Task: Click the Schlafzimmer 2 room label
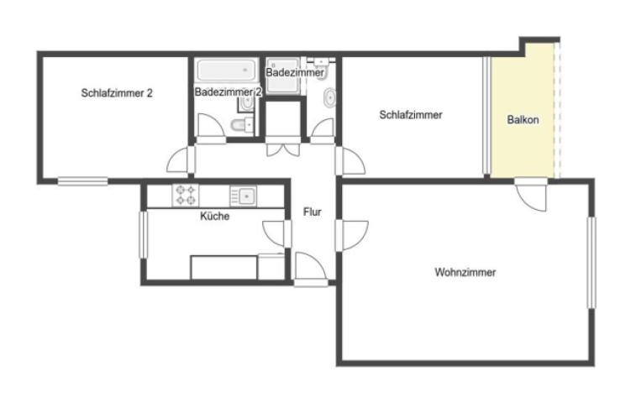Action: pyautogui.click(x=117, y=93)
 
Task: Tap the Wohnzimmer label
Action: pyautogui.click(x=465, y=272)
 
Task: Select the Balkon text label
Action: pyautogui.click(x=523, y=119)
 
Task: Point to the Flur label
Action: pyautogui.click(x=313, y=212)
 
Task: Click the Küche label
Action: pyautogui.click(x=215, y=216)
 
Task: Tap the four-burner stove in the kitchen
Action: pyautogui.click(x=186, y=195)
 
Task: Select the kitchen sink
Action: pyautogui.click(x=243, y=196)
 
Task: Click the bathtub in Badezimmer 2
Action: pyautogui.click(x=227, y=70)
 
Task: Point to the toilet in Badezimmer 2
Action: pyautogui.click(x=242, y=125)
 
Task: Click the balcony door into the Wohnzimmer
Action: pyautogui.click(x=532, y=195)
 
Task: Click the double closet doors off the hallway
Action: pyautogui.click(x=283, y=146)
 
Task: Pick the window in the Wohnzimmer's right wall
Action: pyautogui.click(x=591, y=263)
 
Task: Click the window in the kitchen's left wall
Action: pyautogui.click(x=144, y=234)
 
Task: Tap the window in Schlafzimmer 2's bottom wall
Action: pyautogui.click(x=83, y=181)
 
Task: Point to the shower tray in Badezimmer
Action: pyautogui.click(x=283, y=76)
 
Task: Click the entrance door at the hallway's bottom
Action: pyautogui.click(x=310, y=269)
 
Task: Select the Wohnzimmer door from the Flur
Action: pyautogui.click(x=352, y=235)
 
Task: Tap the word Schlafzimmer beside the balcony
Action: pyautogui.click(x=411, y=115)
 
